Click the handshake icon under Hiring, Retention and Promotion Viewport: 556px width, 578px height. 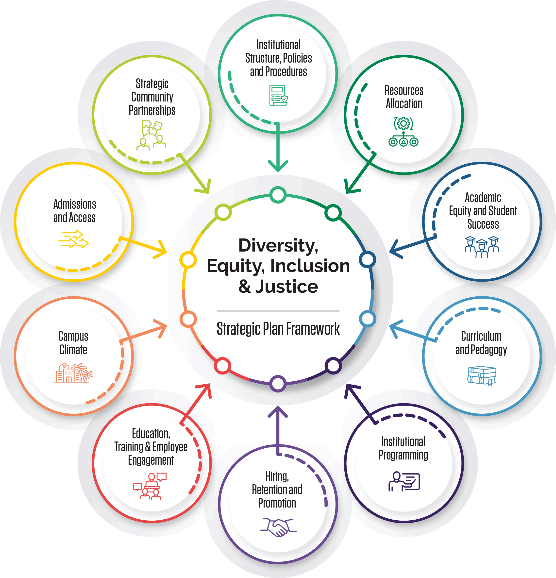click(x=278, y=527)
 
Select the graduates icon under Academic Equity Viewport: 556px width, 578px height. click(x=482, y=247)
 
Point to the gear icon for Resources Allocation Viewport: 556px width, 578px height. click(x=403, y=124)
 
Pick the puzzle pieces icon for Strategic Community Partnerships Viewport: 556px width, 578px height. click(x=152, y=129)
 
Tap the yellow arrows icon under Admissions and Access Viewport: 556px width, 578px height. click(x=73, y=239)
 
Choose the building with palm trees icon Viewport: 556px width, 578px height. click(x=73, y=373)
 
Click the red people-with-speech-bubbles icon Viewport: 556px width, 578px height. click(x=150, y=486)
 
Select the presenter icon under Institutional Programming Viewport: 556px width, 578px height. click(x=404, y=481)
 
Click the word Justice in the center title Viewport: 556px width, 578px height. click(x=286, y=287)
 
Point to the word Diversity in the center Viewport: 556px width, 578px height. click(x=278, y=245)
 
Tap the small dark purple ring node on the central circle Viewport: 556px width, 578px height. click(x=333, y=366)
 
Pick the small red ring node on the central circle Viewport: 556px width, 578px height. click(x=222, y=366)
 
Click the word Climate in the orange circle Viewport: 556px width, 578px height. click(x=73, y=350)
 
